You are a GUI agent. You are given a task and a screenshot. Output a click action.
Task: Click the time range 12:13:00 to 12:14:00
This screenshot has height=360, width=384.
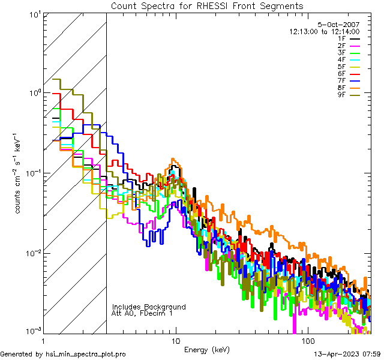click(324, 32)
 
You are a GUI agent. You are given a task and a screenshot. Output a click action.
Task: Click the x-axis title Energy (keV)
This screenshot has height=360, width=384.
click(207, 350)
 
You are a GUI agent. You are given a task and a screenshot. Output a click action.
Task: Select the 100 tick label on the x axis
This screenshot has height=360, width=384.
click(307, 341)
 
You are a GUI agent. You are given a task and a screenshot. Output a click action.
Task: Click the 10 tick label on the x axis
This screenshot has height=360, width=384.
click(175, 341)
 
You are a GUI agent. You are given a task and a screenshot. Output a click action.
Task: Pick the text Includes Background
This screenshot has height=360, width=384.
click(149, 307)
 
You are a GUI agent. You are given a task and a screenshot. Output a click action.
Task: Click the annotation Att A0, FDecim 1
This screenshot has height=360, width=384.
click(142, 314)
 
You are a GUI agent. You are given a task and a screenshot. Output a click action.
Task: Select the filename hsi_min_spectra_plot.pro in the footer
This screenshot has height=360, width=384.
click(86, 355)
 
